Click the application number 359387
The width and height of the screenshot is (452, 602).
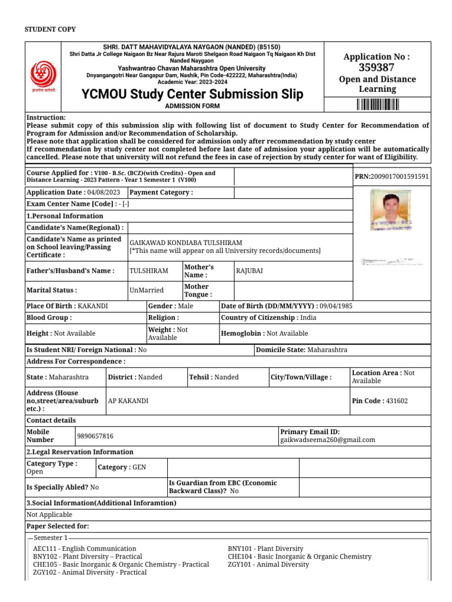click(x=377, y=67)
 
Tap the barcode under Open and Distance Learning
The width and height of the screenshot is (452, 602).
click(x=377, y=105)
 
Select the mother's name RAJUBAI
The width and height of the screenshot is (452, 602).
click(x=250, y=270)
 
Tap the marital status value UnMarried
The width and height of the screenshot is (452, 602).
click(x=147, y=290)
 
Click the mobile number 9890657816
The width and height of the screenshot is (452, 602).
click(x=95, y=436)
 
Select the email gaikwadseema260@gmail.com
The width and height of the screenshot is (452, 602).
click(x=327, y=440)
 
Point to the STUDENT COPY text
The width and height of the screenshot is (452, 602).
click(x=49, y=29)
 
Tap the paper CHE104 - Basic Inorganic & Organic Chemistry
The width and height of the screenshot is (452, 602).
click(x=300, y=556)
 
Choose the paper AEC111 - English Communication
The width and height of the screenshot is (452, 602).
click(x=78, y=549)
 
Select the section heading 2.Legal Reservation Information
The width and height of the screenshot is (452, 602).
click(x=80, y=452)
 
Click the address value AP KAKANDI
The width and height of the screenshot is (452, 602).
click(x=128, y=401)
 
